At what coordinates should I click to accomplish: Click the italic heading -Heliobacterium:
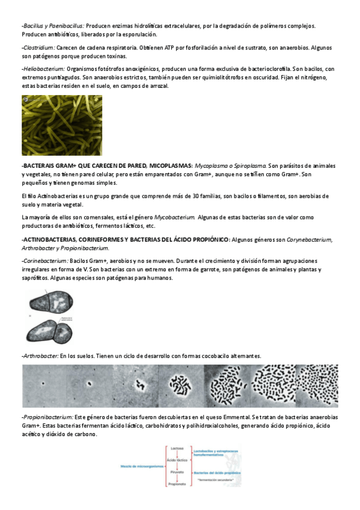tap(43, 69)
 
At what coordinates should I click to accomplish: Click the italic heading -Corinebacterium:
tap(44, 262)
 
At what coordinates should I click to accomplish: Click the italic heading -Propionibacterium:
tap(47, 417)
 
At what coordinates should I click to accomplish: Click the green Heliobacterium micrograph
tap(62, 125)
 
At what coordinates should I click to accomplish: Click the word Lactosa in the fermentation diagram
tap(177, 449)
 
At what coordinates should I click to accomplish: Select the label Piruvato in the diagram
tap(177, 473)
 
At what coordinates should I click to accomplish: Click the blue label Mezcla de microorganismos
tap(141, 466)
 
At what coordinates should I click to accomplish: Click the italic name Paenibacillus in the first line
tap(66, 26)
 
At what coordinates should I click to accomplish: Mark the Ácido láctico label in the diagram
tap(177, 460)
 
